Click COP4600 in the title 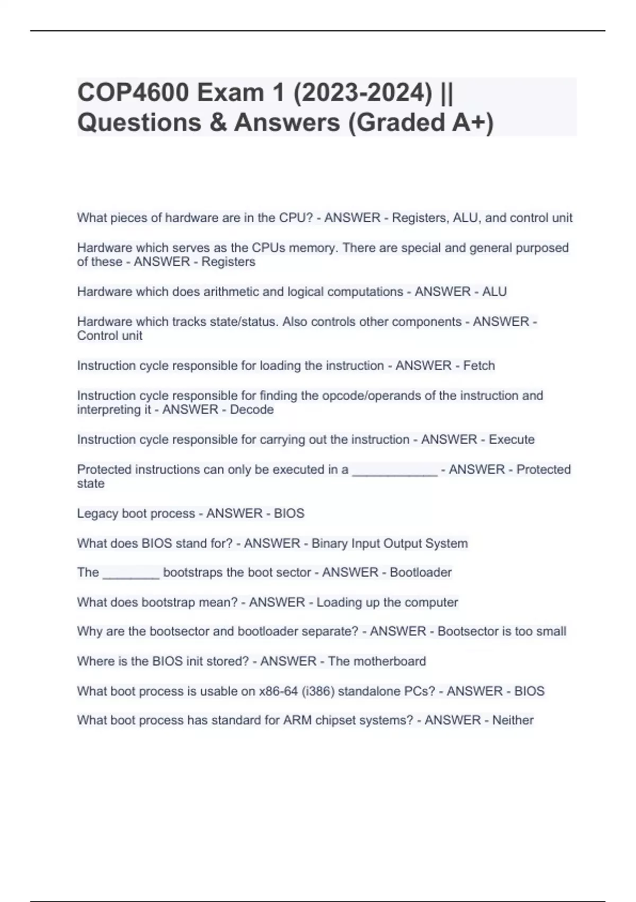(133, 93)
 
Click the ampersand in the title (218, 122)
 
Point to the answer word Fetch (479, 366)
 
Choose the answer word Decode (252, 410)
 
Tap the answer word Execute (511, 439)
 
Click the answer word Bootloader (421, 573)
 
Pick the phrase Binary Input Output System (390, 543)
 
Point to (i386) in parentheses (318, 691)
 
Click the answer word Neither (513, 720)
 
